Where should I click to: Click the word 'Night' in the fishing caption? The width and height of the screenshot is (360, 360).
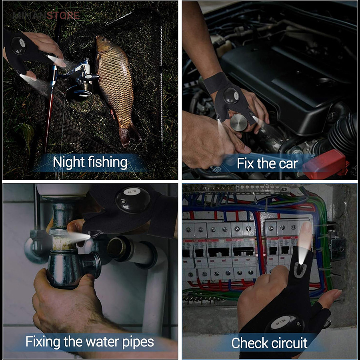point(69,162)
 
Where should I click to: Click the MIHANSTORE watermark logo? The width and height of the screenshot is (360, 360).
point(46,16)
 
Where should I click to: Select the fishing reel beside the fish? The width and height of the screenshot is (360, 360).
point(80,80)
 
